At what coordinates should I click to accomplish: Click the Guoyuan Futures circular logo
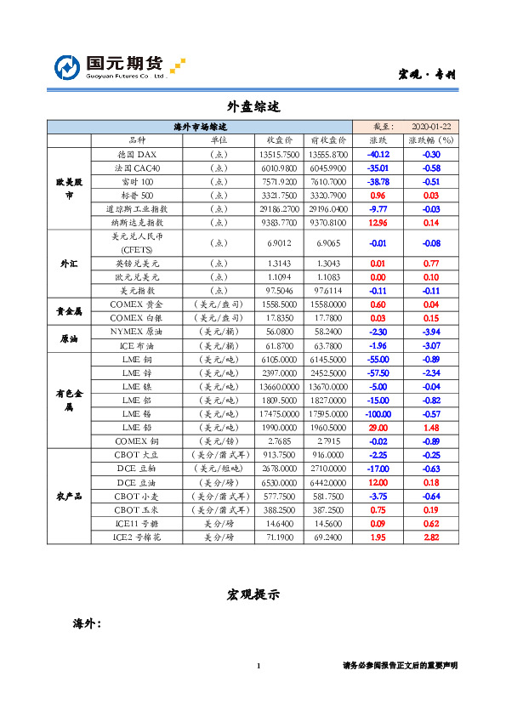(68, 67)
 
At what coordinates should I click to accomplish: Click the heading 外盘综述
(253, 107)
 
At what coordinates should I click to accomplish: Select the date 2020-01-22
(430, 126)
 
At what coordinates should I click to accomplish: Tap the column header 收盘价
(280, 139)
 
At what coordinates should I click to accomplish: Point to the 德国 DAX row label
(136, 155)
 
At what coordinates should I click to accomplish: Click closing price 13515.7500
(279, 155)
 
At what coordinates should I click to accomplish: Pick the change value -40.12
(378, 155)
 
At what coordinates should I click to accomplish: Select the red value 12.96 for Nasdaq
(378, 222)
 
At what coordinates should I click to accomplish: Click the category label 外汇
(68, 264)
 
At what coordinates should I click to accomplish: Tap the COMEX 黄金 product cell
(136, 304)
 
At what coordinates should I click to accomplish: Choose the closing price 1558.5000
(279, 304)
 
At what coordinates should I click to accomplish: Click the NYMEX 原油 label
(136, 331)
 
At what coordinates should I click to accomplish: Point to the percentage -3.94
(431, 331)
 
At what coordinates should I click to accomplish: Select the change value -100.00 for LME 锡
(378, 412)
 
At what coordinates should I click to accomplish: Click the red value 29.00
(378, 427)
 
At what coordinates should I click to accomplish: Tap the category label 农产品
(68, 496)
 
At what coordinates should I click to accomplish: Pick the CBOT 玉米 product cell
(136, 509)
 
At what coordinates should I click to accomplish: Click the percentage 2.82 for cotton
(431, 537)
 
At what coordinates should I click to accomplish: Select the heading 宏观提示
(253, 594)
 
